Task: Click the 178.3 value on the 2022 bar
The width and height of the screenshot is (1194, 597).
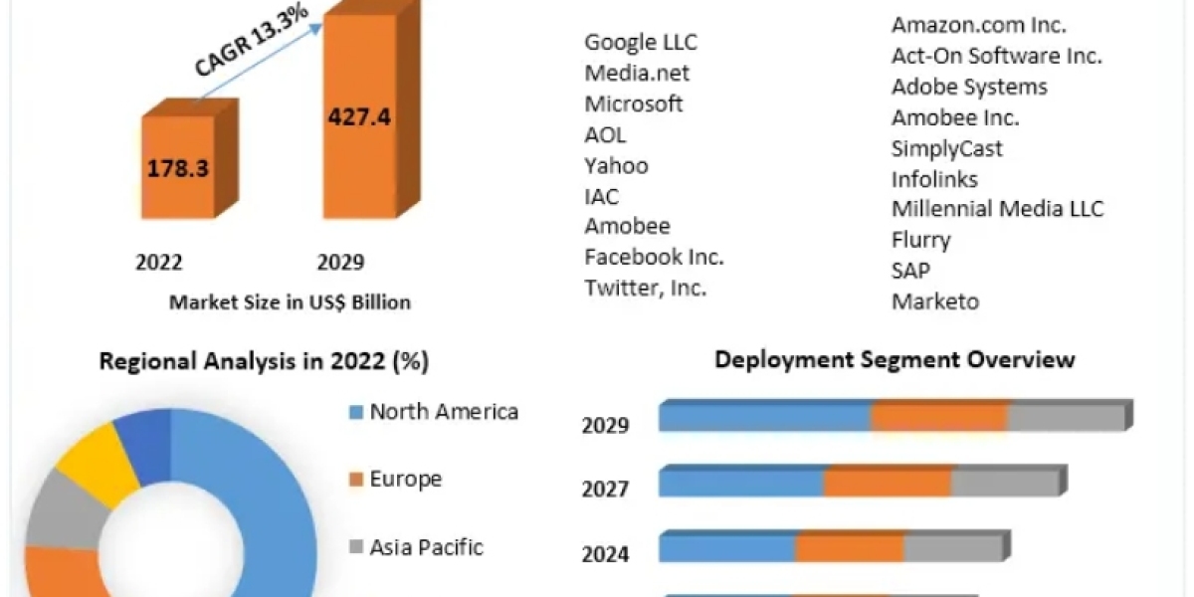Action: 178,167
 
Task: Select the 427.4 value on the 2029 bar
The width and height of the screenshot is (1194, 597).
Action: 360,116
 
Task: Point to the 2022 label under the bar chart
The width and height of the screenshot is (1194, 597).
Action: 158,263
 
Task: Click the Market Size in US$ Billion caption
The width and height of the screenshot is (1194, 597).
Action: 290,302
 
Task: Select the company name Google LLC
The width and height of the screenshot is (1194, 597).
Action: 641,42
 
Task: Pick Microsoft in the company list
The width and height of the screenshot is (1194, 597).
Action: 634,103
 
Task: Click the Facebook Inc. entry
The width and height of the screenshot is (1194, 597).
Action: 654,257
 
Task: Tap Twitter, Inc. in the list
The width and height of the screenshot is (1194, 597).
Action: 646,288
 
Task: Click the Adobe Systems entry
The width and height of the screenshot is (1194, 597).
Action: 969,87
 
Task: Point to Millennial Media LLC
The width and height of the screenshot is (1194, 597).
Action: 997,209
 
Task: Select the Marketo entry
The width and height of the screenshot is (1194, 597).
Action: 935,300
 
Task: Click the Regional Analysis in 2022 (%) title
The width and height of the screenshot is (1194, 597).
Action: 264,362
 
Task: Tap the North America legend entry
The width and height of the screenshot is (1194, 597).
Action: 444,412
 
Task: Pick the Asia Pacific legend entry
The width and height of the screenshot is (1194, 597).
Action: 426,546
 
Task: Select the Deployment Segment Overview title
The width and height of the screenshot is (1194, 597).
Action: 895,359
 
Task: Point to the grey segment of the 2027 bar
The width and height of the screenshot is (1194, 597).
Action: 1003,483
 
